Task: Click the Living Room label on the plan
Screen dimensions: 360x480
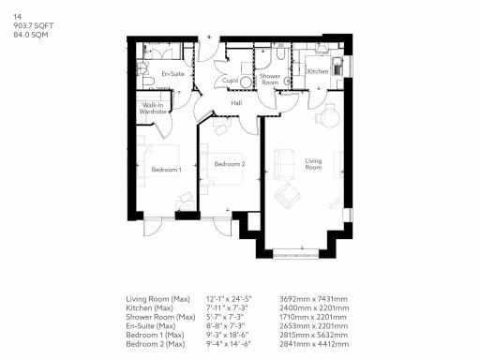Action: tap(313, 163)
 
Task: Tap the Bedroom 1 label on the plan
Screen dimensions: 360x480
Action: tap(166, 169)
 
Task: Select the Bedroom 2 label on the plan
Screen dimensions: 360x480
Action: tap(229, 164)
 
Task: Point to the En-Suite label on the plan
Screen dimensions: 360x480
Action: tap(172, 73)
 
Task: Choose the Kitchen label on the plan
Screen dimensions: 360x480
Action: tap(317, 71)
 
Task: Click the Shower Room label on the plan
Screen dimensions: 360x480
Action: tap(271, 79)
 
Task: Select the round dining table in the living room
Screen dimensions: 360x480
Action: tap(329, 118)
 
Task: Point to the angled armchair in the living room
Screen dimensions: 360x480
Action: tap(288, 198)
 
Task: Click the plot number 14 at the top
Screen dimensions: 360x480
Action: tap(17, 16)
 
